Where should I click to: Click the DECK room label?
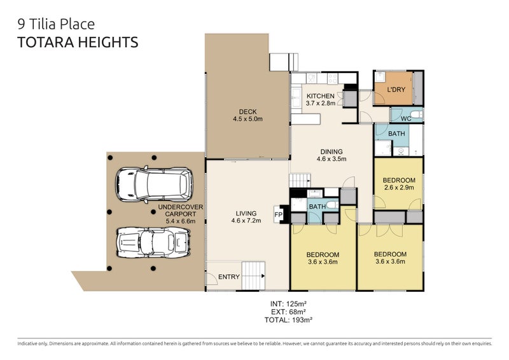click(x=248, y=112)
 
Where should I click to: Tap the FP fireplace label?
click(x=278, y=214)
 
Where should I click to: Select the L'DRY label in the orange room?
click(x=396, y=89)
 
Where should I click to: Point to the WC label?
click(x=406, y=118)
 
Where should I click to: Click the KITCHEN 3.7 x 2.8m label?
click(x=321, y=100)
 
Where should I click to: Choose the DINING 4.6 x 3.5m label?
click(x=331, y=155)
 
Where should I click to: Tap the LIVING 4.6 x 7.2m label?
click(x=246, y=217)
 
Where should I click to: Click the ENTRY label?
click(x=229, y=277)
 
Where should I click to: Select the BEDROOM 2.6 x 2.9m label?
click(x=399, y=184)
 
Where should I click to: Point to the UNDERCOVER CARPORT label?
click(x=181, y=211)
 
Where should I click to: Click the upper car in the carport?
click(x=154, y=184)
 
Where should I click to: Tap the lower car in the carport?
click(x=153, y=242)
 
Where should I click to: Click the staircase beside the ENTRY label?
click(x=253, y=275)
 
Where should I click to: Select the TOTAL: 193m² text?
click(x=288, y=320)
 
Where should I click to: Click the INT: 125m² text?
click(x=288, y=304)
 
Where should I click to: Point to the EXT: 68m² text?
click(x=288, y=312)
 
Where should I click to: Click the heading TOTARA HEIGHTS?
click(x=78, y=43)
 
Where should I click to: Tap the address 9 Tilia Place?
click(x=56, y=24)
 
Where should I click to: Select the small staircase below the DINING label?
click(x=300, y=180)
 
